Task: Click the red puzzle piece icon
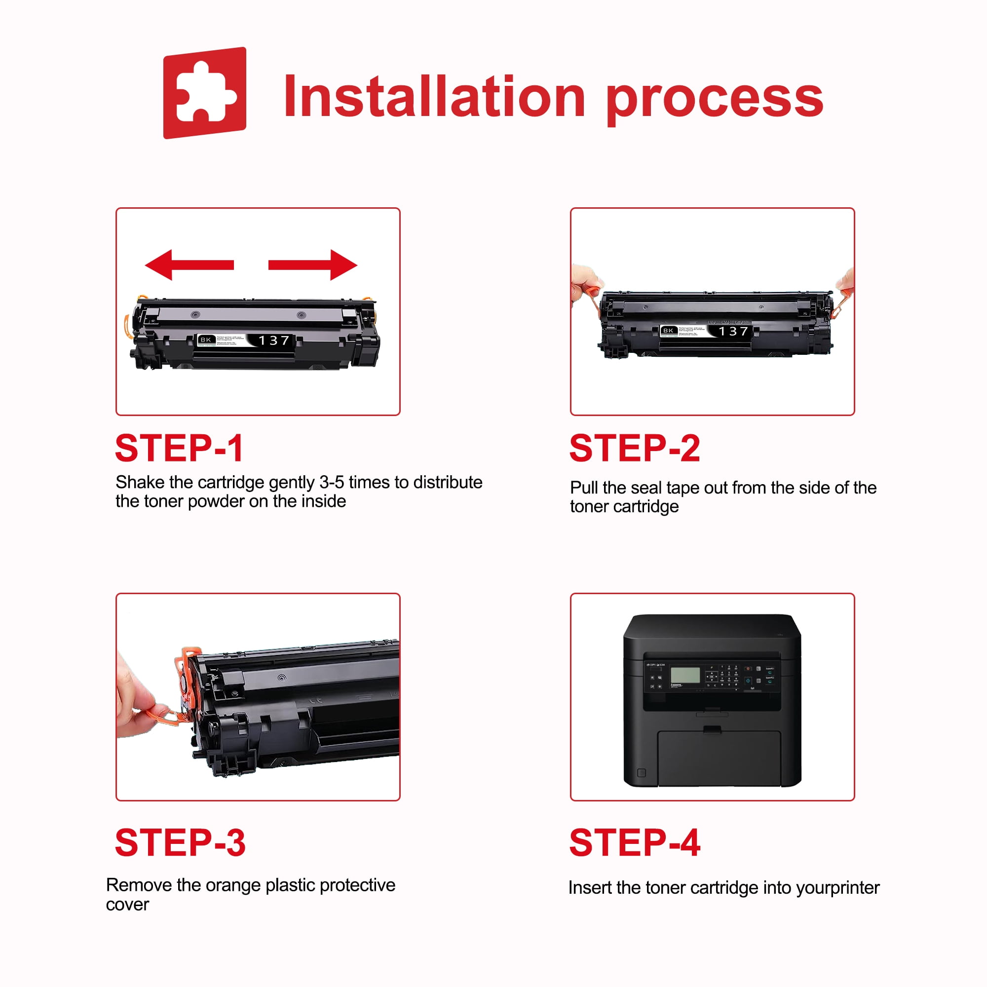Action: (x=204, y=93)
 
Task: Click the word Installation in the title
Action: (x=434, y=97)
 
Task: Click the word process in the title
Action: (x=714, y=100)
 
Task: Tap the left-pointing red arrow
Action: (x=189, y=265)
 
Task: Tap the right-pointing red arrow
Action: (x=313, y=265)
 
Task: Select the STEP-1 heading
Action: (x=179, y=448)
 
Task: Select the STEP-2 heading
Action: (x=635, y=448)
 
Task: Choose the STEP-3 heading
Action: (x=180, y=842)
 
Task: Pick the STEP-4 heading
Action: (x=635, y=842)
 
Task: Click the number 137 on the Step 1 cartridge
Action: (x=274, y=340)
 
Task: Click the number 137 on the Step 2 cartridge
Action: (x=734, y=331)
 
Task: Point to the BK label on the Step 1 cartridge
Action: (x=206, y=340)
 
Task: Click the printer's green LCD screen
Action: (x=685, y=675)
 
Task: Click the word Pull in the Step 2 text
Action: (x=583, y=488)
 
